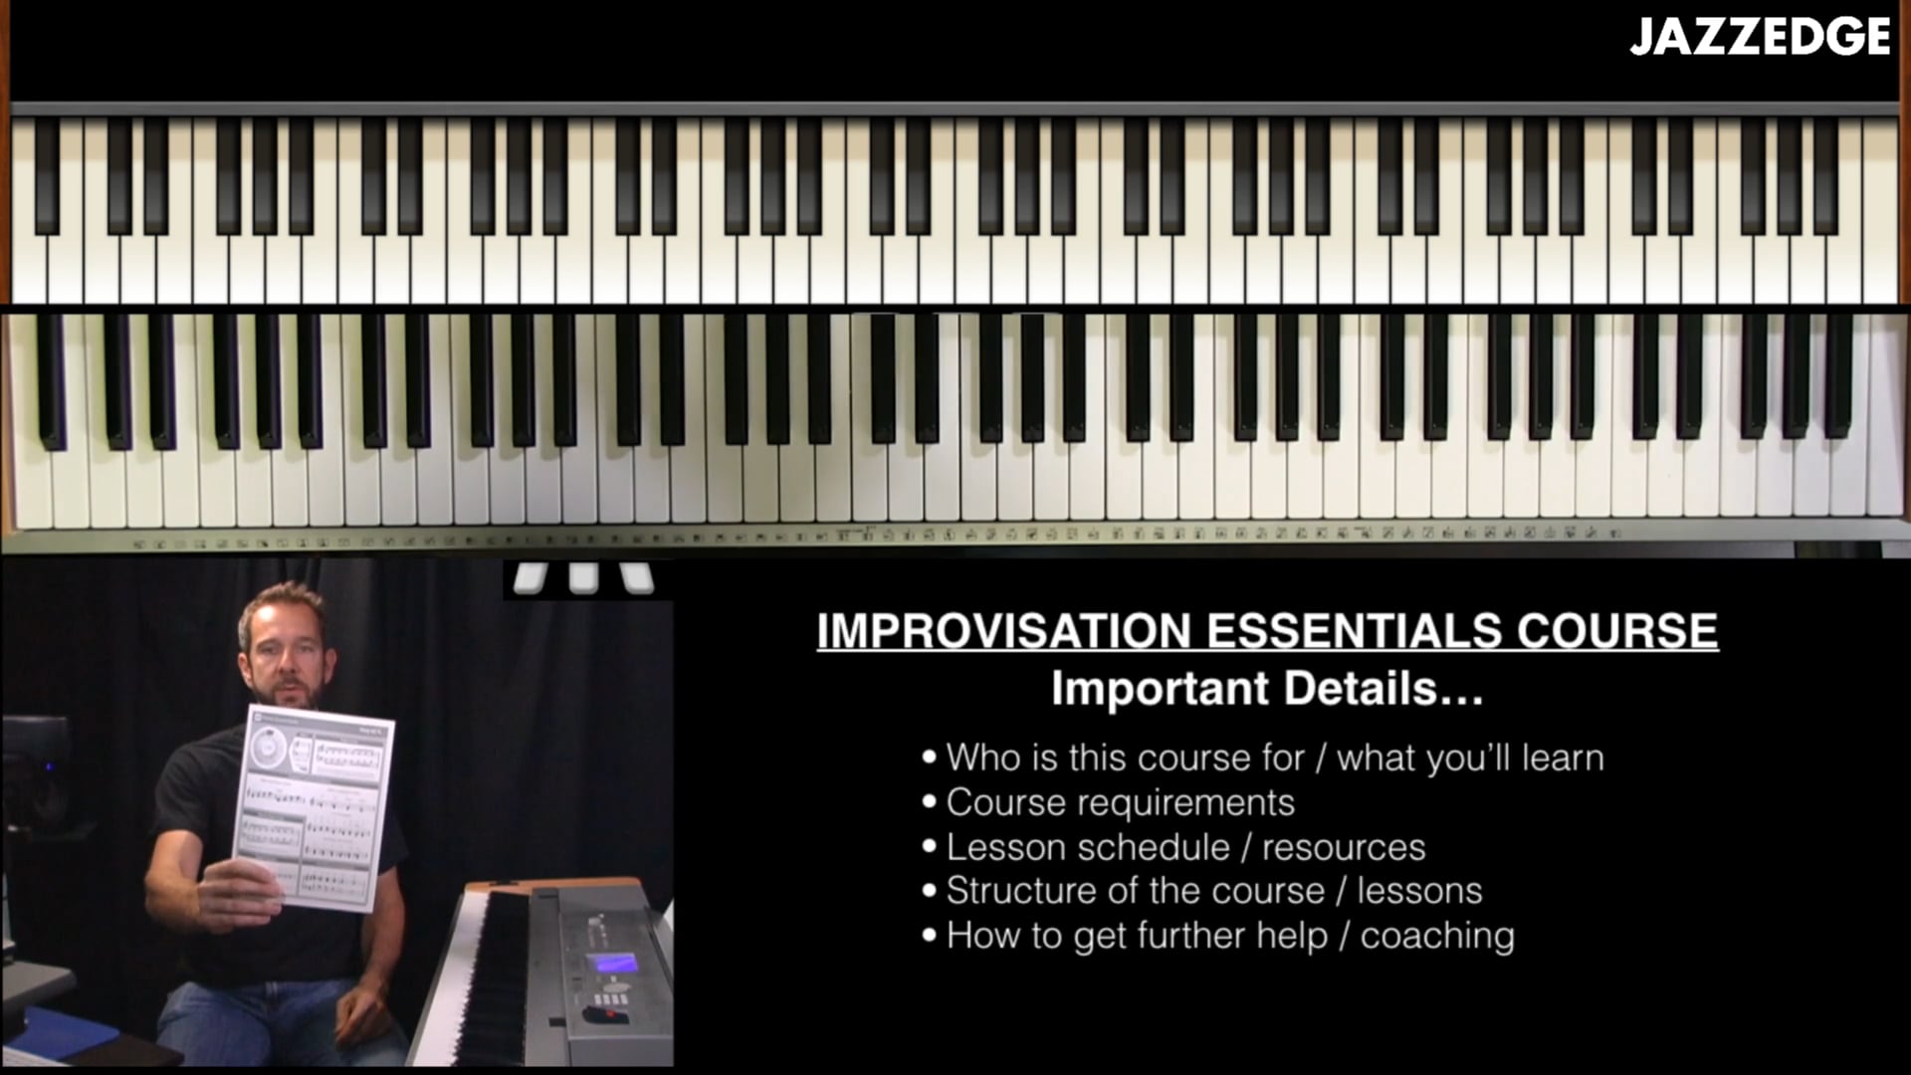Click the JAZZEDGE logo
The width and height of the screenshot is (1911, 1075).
tap(1760, 37)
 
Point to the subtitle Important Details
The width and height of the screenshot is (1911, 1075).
tap(1266, 689)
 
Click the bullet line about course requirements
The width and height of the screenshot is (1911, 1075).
tap(1120, 802)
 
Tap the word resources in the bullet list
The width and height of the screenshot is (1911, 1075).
tap(1344, 847)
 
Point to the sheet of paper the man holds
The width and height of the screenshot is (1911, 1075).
tap(315, 806)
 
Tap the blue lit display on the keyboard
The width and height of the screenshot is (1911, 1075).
tap(613, 964)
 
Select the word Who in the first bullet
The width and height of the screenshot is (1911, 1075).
tap(982, 757)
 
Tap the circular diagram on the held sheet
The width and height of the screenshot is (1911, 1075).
tap(267, 747)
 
